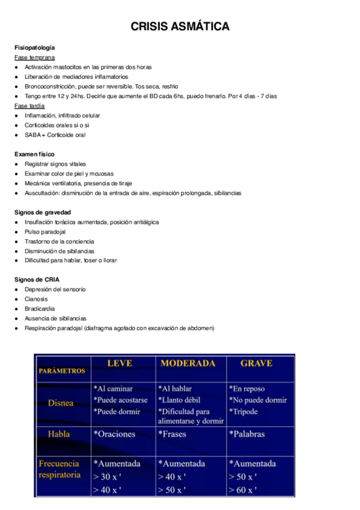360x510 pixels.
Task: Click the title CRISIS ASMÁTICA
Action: [x=180, y=26]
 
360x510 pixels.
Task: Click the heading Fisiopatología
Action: [x=35, y=47]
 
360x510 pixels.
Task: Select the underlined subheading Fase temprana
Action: [x=34, y=57]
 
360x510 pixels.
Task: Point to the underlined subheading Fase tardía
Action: [x=29, y=105]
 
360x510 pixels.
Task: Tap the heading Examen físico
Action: [x=34, y=154]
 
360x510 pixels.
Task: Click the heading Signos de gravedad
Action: [x=43, y=212]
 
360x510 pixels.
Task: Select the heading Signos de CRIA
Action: [x=37, y=280]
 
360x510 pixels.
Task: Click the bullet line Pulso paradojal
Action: [x=45, y=232]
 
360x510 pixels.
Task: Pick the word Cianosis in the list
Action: [x=36, y=299]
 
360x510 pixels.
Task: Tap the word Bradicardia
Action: [x=40, y=309]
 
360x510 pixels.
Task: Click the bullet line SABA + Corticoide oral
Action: [x=55, y=135]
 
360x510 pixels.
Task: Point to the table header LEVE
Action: [x=120, y=363]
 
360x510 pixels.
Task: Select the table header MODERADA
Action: [x=188, y=363]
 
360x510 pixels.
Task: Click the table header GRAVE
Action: [x=256, y=363]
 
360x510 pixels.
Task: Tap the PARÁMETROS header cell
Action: [x=62, y=371]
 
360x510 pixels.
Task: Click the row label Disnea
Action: [x=61, y=402]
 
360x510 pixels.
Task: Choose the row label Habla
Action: [x=59, y=434]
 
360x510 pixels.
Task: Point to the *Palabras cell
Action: [x=246, y=434]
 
